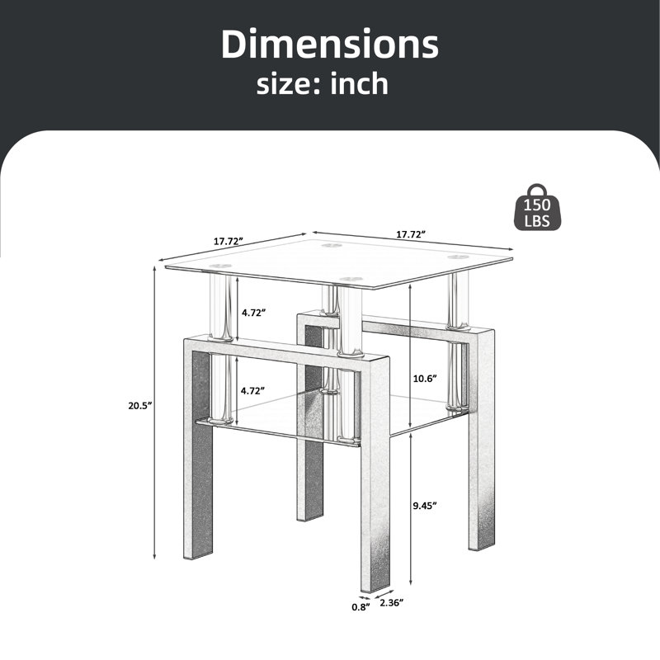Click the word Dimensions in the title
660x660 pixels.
coord(330,44)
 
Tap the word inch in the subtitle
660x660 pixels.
coord(359,83)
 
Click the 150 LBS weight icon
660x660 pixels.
coord(538,208)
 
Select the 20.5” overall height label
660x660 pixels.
coord(139,406)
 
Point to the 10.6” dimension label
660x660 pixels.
coord(425,379)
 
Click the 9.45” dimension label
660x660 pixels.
coord(425,506)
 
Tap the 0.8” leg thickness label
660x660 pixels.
coord(361,606)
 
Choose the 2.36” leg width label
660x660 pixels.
coord(391,603)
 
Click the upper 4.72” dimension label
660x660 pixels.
coord(253,313)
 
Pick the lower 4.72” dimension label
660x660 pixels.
coord(252,390)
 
